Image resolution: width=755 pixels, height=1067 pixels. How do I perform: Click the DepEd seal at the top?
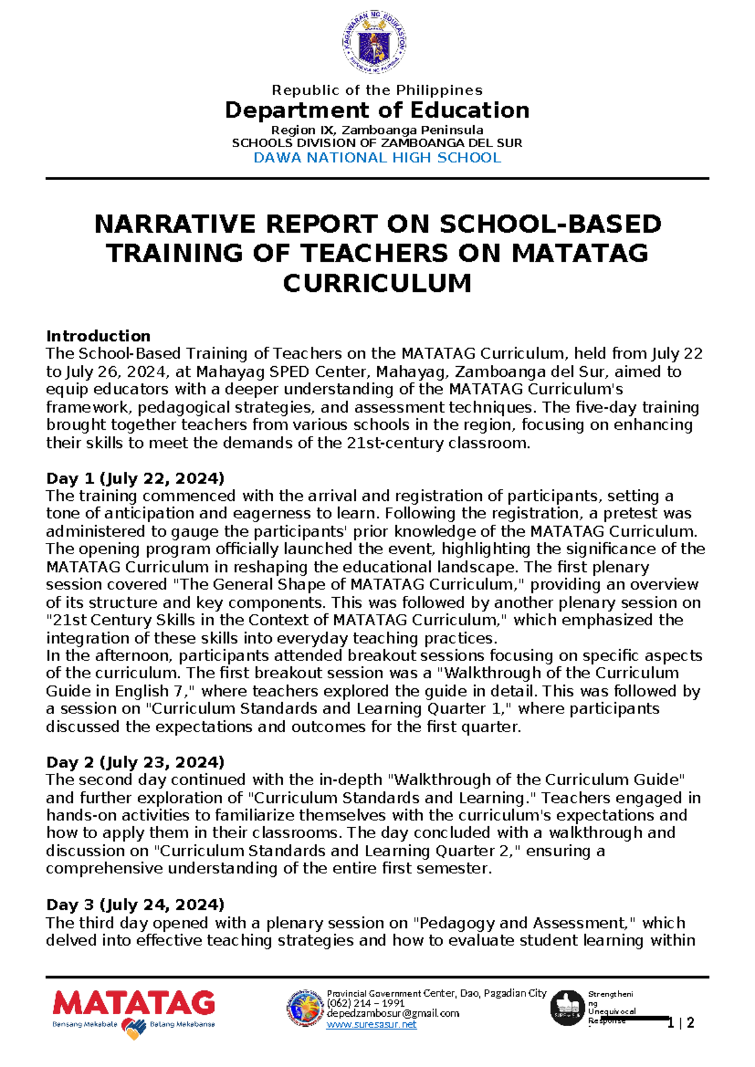point(374,43)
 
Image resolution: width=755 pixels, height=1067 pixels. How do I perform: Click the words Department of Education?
point(377,110)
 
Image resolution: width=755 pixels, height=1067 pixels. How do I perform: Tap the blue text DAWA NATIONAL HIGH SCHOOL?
point(377,158)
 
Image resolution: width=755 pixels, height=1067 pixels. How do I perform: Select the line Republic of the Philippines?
point(377,90)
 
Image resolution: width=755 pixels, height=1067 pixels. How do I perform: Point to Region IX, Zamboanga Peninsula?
point(377,130)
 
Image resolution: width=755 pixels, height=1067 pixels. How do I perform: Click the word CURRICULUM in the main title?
point(377,283)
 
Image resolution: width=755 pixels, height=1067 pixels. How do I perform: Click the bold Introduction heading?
point(98,335)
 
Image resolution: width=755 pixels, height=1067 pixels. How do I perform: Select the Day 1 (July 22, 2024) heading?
point(135,478)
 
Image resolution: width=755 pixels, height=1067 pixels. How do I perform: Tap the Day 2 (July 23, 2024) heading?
point(135,762)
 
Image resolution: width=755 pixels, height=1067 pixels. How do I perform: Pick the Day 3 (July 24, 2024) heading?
point(135,905)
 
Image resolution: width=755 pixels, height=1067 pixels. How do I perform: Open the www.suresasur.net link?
point(371,1025)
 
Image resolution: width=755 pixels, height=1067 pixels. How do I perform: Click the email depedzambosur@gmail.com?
point(393,1014)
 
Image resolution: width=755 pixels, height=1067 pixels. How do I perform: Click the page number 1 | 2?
point(681,1023)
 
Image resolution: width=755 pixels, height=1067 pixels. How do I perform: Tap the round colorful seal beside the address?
point(305,1008)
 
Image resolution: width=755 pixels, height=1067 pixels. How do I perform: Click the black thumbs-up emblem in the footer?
point(568,1008)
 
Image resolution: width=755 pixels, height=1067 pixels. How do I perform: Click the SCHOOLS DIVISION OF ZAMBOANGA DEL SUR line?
point(377,143)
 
